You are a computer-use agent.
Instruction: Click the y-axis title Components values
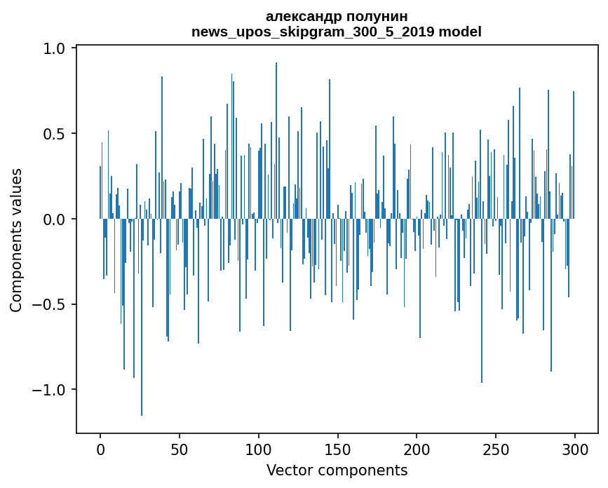pyautogui.click(x=16, y=240)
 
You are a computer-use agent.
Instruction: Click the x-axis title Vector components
pyautogui.click(x=337, y=470)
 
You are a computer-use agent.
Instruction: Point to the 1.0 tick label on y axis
pyautogui.click(x=55, y=48)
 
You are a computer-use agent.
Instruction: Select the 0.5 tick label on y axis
pyautogui.click(x=55, y=134)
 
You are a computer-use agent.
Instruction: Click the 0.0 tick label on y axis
pyautogui.click(x=55, y=219)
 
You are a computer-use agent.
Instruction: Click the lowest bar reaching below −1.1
pyautogui.click(x=142, y=351)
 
